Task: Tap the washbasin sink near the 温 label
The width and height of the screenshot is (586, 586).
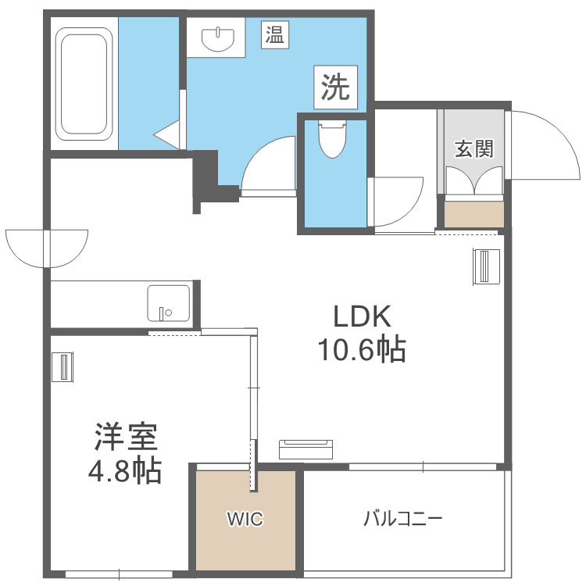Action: (216, 38)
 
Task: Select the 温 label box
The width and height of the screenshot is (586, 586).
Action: (273, 34)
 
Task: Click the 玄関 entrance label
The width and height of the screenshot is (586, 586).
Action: (474, 148)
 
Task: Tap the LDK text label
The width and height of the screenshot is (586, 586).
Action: (361, 316)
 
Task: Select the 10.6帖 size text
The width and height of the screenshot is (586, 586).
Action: (361, 349)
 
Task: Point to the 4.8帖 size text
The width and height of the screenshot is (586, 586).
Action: (127, 471)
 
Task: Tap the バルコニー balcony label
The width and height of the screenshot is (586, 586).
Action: (403, 519)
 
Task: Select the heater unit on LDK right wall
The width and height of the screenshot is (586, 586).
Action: (485, 267)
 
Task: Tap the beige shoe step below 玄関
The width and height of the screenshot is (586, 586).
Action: (474, 214)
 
